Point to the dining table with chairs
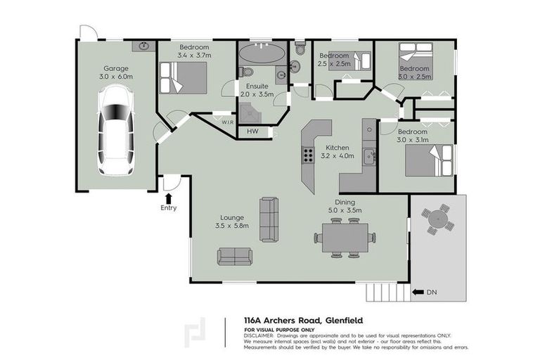point(345,238)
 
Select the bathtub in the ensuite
point(262,53)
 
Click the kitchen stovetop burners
point(308,155)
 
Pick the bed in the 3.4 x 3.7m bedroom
point(184,77)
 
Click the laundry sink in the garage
point(145,46)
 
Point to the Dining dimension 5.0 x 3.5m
point(345,210)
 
